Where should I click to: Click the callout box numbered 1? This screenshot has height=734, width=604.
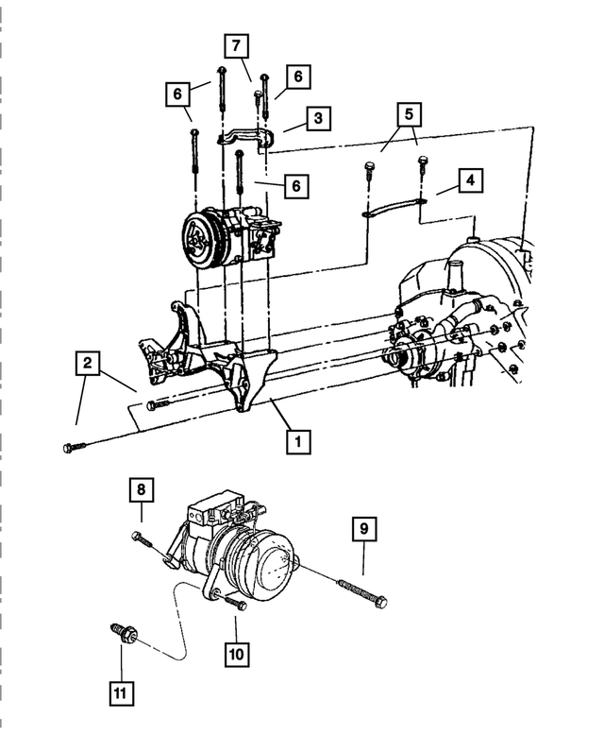click(298, 440)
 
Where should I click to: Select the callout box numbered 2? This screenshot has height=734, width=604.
click(88, 363)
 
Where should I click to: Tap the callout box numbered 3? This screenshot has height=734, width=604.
click(319, 118)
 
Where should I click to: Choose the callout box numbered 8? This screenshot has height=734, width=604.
click(141, 490)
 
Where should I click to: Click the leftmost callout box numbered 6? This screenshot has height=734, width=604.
click(175, 94)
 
